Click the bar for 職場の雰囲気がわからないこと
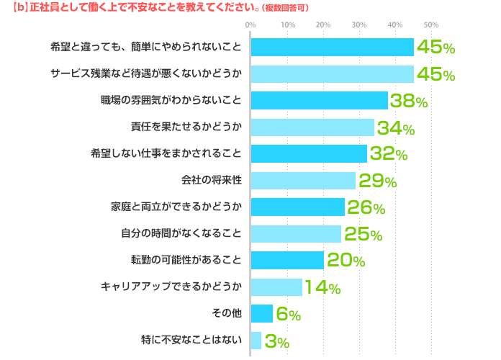tap(319, 100)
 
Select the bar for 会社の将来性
tap(303, 181)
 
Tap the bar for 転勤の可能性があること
tap(287, 260)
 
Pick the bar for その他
tap(262, 313)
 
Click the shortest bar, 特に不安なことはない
tap(256, 340)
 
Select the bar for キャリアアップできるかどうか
tap(276, 287)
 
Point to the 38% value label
tap(408, 102)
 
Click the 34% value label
tap(395, 128)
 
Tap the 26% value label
tap(366, 207)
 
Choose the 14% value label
tap(321, 287)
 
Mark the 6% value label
tap(288, 314)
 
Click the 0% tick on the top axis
tap(250, 25)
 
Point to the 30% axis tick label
tap(358, 25)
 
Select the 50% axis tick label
tap(430, 25)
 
